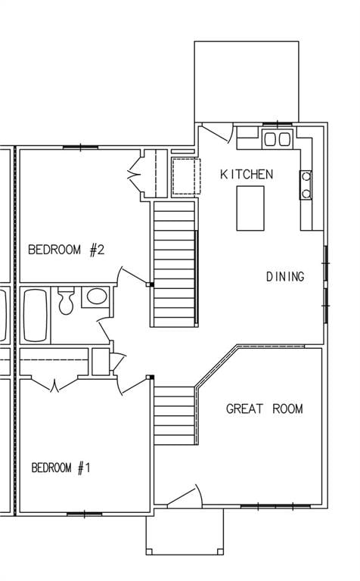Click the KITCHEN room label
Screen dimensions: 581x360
tap(247, 175)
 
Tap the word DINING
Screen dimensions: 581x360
tap(285, 277)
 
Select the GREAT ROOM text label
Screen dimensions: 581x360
tap(265, 409)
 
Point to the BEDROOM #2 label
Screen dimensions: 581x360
tap(66, 250)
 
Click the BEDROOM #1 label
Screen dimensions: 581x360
tap(61, 468)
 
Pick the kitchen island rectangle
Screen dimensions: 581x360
tap(250, 207)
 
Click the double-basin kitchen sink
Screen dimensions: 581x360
tap(277, 138)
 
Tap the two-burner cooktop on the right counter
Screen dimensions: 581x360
tap(306, 185)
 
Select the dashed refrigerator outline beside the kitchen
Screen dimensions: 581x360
tap(185, 176)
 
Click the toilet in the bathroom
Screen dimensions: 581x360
tap(66, 301)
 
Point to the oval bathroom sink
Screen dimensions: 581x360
tap(95, 297)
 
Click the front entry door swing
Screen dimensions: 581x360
tap(185, 496)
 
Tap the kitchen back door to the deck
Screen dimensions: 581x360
tap(218, 133)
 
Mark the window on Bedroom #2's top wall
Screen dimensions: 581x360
tap(80, 148)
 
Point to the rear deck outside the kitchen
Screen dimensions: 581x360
tap(247, 81)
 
